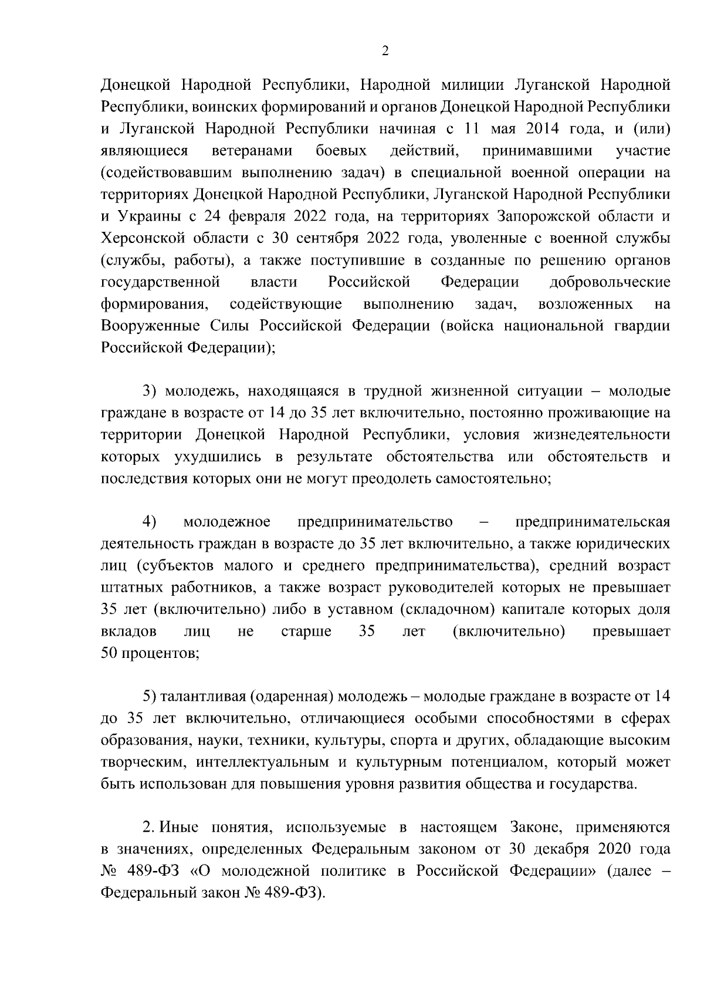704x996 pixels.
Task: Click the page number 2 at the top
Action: point(385,52)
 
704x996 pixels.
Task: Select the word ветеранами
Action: point(252,151)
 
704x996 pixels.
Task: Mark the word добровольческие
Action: point(610,282)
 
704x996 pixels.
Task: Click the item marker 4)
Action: point(150,522)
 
